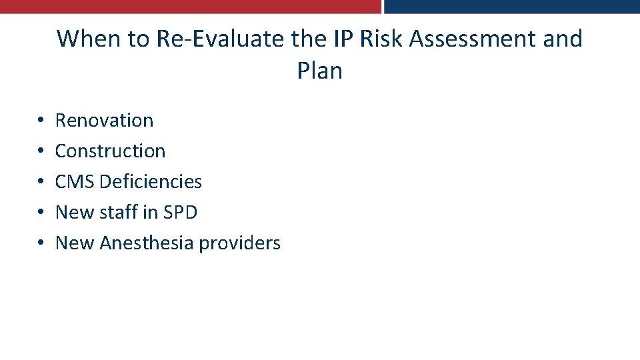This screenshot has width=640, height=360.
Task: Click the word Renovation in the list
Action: pyautogui.click(x=104, y=121)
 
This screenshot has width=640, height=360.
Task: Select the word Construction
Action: pyautogui.click(x=110, y=151)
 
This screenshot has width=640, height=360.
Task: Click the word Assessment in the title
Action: pyautogui.click(x=473, y=39)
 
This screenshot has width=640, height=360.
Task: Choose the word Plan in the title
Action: pyautogui.click(x=320, y=71)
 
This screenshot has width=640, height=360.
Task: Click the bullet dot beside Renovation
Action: pyautogui.click(x=41, y=121)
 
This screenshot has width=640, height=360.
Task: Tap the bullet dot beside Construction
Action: pyautogui.click(x=41, y=152)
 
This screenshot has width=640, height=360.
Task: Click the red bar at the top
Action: pyautogui.click(x=190, y=7)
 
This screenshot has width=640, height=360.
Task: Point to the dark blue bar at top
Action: pyautogui.click(x=512, y=7)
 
